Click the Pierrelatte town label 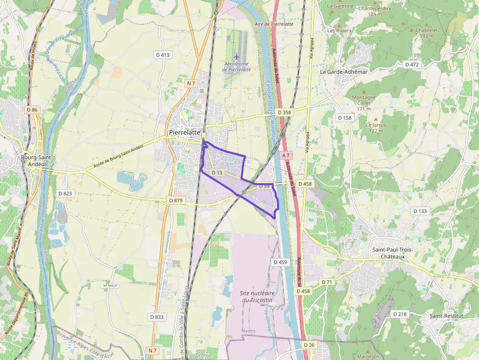tap(184, 132)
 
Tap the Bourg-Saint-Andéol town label tap(37, 161)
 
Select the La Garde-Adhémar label tap(343, 71)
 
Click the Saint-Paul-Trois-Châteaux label tap(393, 253)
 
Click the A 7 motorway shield tap(286, 155)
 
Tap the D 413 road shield tap(162, 55)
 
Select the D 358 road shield tap(284, 112)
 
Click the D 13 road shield tap(218, 173)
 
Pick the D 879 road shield tap(175, 200)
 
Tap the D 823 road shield tap(65, 193)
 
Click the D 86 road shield tap(32, 110)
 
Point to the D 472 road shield tap(412, 64)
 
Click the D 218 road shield tap(399, 314)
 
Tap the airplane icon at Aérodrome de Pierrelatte tap(237, 56)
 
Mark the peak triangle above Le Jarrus tap(375, 119)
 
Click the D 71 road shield tap(327, 282)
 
